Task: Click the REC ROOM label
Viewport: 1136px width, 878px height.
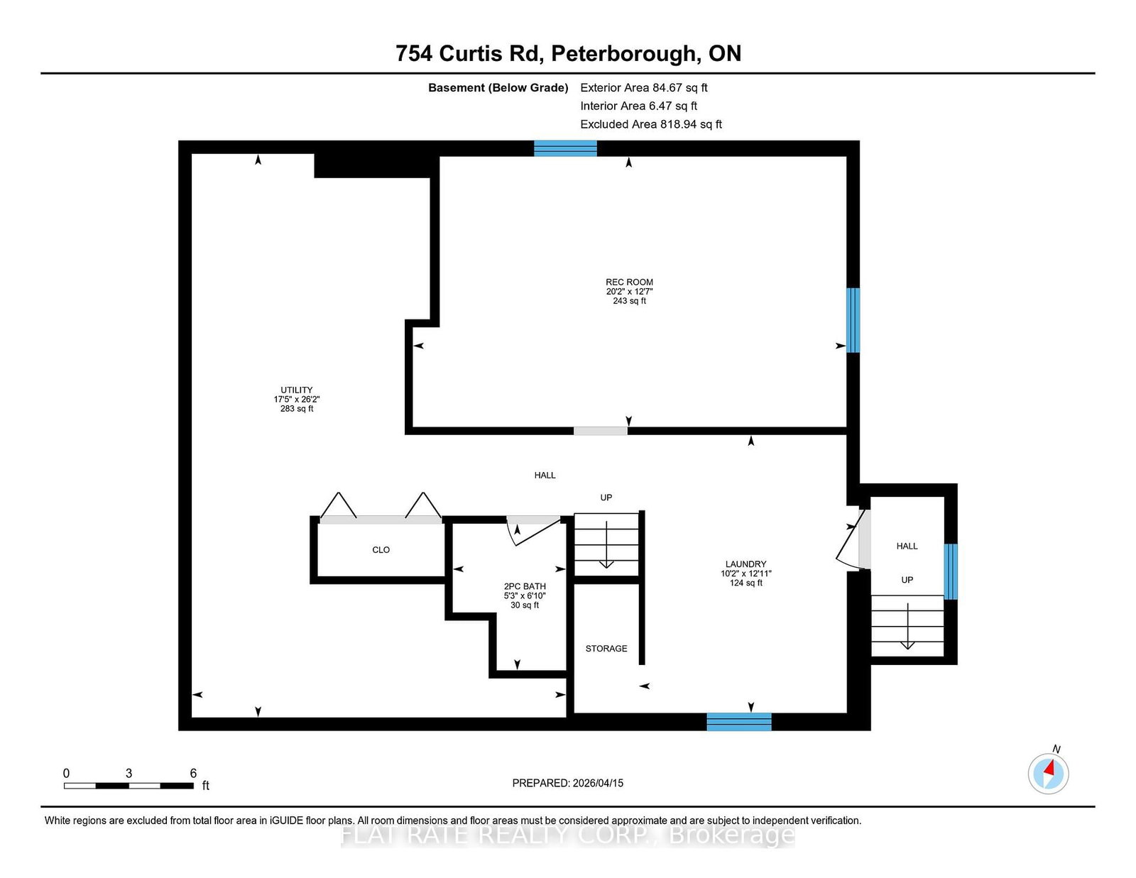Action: coord(629,282)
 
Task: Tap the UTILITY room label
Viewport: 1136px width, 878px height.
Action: coord(296,390)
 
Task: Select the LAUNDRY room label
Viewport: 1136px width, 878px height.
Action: coord(745,564)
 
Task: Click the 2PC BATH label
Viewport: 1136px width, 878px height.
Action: coord(525,586)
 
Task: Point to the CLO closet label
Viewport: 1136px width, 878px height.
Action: coord(381,549)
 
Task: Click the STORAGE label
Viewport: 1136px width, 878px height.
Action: coord(606,648)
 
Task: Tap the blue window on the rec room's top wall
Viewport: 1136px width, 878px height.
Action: coord(565,148)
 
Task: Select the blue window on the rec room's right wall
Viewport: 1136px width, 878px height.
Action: coord(853,319)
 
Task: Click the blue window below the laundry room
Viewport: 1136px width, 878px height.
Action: coord(738,722)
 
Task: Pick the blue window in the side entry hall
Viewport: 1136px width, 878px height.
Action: coord(950,571)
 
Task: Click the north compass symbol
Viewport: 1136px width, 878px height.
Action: coord(1048,772)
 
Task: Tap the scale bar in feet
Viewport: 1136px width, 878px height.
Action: coord(129,785)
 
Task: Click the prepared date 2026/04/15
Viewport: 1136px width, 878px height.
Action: coord(567,783)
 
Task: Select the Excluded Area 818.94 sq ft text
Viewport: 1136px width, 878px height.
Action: coord(650,124)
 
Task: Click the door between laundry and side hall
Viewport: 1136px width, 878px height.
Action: coord(854,539)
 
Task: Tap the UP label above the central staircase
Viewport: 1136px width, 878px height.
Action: coord(606,498)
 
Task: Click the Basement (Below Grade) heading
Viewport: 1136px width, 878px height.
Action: coord(498,87)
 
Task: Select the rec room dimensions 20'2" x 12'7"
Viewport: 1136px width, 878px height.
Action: coord(629,291)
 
